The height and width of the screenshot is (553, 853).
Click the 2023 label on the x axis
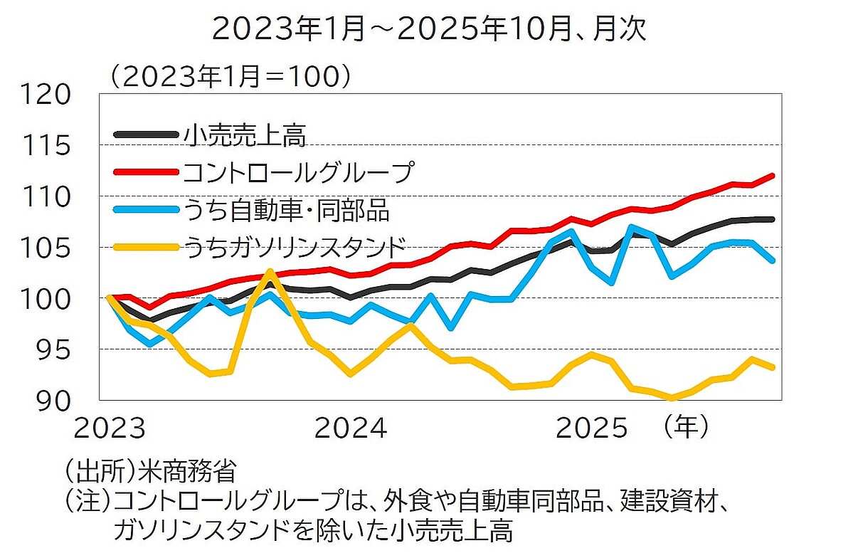(110, 428)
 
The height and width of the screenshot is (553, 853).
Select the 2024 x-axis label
(351, 428)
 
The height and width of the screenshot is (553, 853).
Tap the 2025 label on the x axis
(592, 428)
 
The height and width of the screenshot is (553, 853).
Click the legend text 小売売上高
(245, 135)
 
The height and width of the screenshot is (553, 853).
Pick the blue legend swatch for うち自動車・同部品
(146, 209)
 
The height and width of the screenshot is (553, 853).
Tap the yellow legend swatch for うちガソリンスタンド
(146, 247)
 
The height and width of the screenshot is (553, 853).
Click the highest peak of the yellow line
(270, 271)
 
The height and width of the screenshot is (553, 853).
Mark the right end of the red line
(773, 175)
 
